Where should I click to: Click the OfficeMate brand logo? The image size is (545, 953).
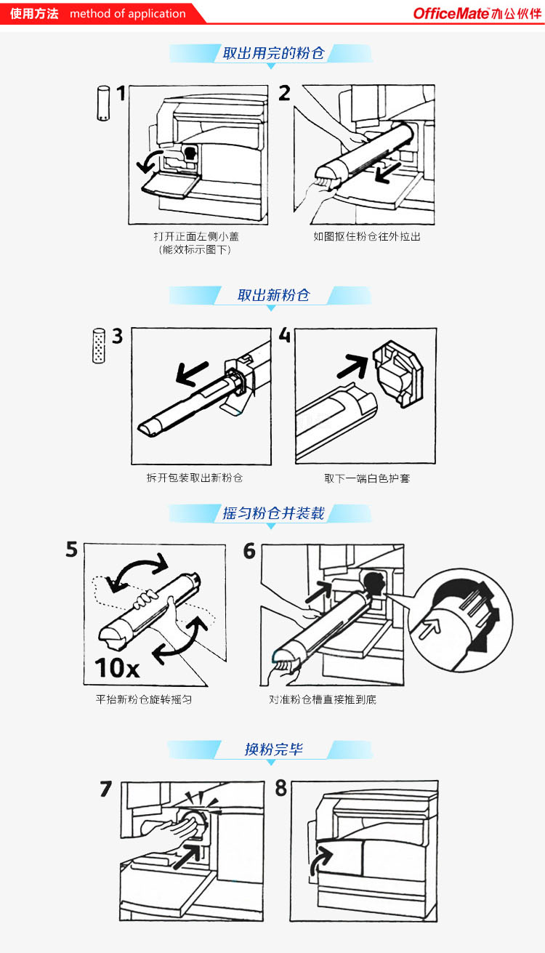pos(477,14)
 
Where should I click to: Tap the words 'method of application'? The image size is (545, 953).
pos(128,14)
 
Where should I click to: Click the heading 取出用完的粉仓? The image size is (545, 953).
pos(273,53)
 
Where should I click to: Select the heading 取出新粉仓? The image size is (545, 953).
pos(273,295)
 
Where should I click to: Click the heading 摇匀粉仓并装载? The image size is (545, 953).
pos(273,513)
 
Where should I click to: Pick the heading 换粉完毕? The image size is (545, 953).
pos(273,749)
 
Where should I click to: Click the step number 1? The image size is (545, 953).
pos(121,93)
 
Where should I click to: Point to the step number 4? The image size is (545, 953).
pos(285,335)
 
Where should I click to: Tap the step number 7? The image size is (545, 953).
pos(106,789)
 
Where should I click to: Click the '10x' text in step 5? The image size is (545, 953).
pos(117,668)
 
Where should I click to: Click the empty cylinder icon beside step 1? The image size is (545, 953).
pos(103,103)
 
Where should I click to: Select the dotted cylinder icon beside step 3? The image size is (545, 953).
pos(99,346)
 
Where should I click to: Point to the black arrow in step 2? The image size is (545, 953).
pos(387,173)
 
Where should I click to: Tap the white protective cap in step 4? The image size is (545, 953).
pos(398,374)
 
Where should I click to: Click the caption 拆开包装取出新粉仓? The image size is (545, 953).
pos(195,478)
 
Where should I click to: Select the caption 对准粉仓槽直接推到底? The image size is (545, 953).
pos(323,699)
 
